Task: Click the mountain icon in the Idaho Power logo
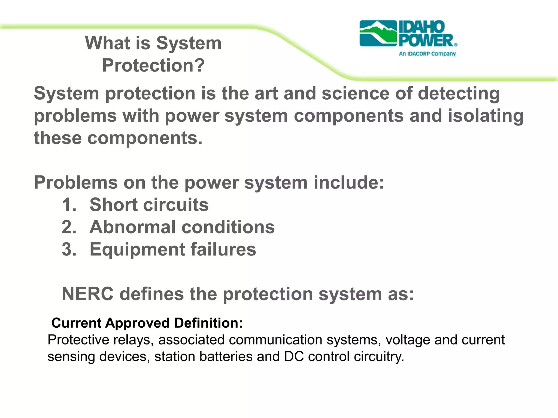point(378,33)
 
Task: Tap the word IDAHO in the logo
point(421,27)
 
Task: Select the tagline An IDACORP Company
point(427,54)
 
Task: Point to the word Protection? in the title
point(153,66)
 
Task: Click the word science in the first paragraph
point(355,93)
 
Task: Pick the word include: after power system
point(349,182)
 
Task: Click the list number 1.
point(69,205)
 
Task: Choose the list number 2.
point(69,227)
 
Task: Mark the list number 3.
point(69,249)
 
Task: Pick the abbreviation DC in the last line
point(294,357)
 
